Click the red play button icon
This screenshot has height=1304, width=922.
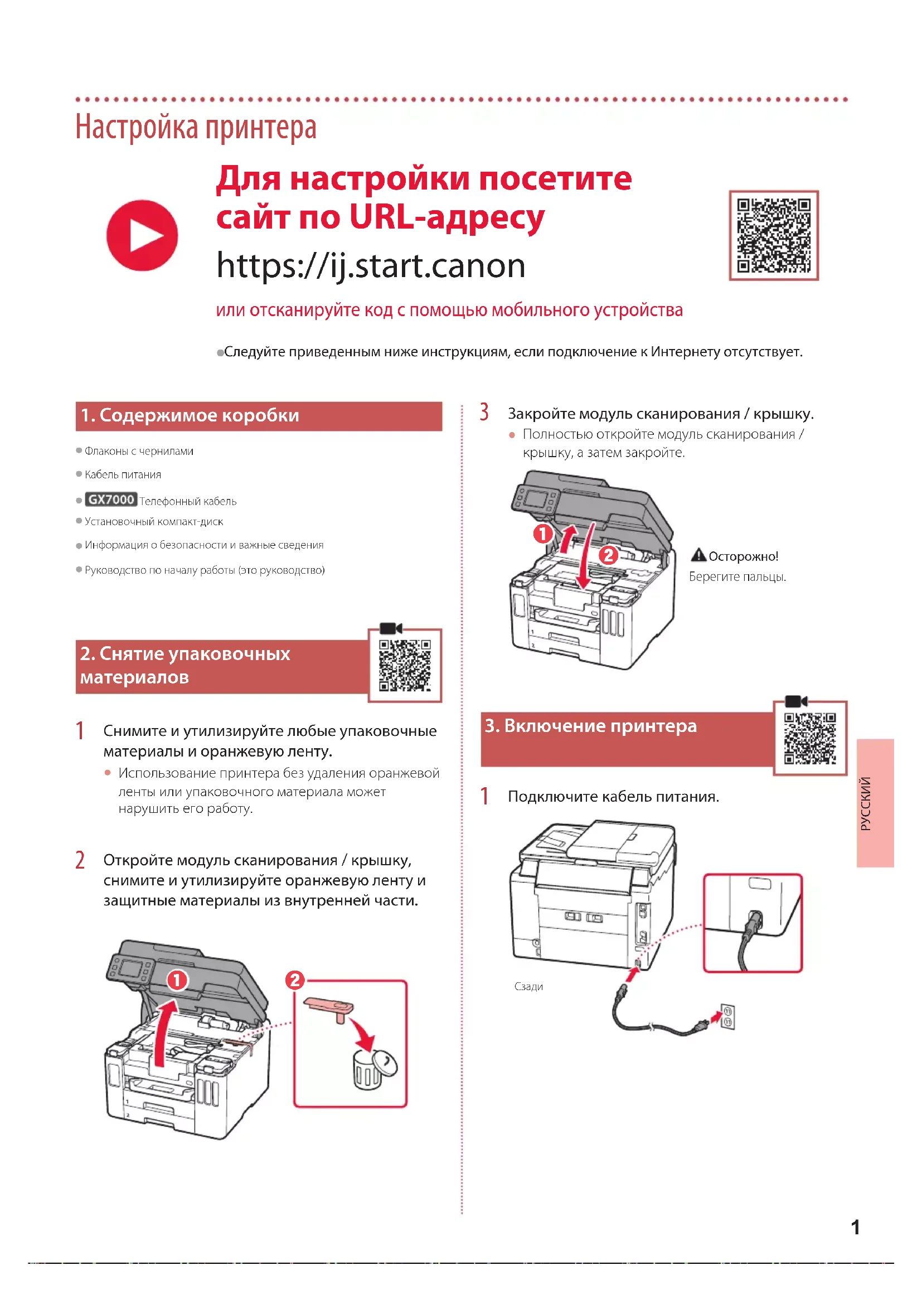point(142,235)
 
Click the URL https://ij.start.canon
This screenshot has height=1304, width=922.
point(371,266)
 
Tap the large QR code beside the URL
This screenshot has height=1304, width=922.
point(773,235)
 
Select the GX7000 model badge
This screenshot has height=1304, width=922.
point(111,500)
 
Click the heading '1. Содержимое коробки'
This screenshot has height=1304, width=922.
point(190,416)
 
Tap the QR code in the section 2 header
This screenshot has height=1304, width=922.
point(405,665)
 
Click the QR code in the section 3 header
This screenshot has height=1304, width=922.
point(809,738)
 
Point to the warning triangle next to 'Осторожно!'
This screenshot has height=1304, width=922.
point(698,555)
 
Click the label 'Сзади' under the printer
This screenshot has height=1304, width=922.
point(528,987)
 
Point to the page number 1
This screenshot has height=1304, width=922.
point(855,1227)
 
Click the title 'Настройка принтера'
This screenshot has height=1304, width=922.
point(196,127)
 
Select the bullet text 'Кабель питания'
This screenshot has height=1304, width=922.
point(123,475)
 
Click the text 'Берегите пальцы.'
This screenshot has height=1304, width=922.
point(737,577)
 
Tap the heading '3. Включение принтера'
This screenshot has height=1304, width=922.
point(590,726)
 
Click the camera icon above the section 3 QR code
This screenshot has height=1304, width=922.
point(795,701)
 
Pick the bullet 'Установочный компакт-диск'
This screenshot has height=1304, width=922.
point(154,522)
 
